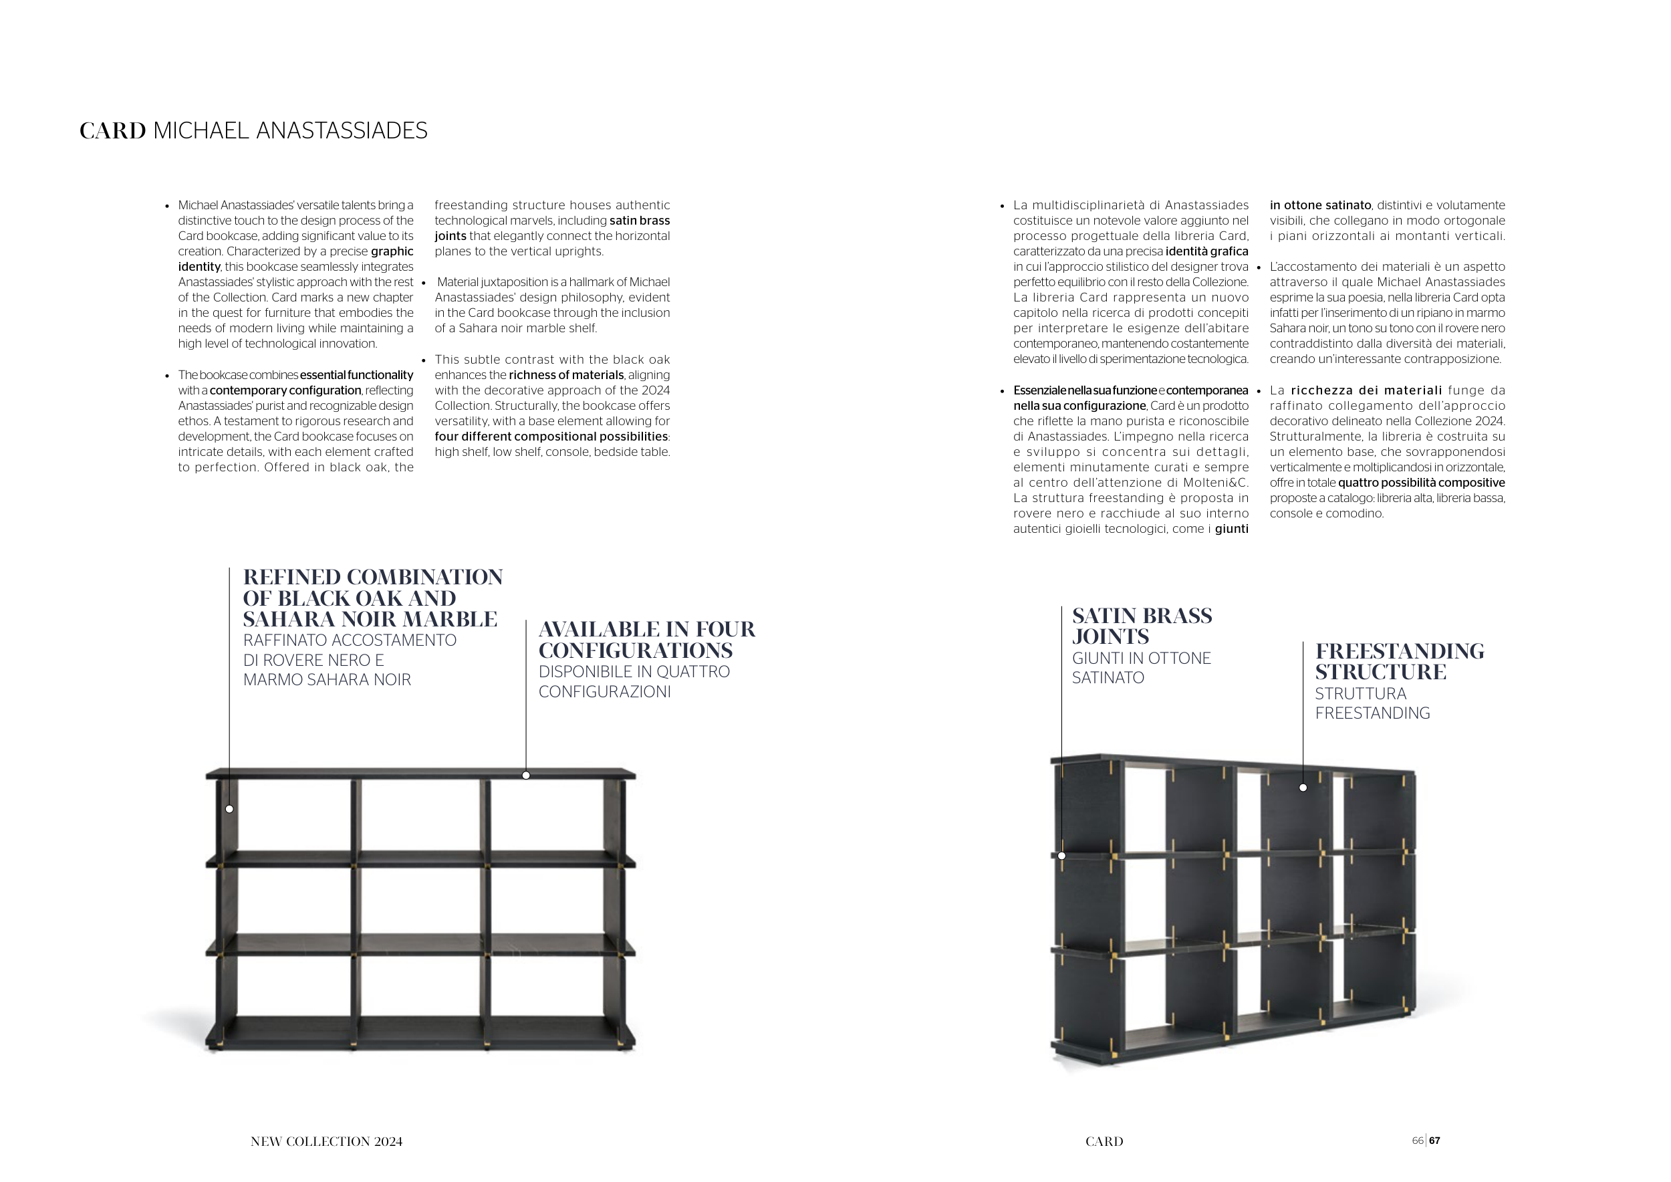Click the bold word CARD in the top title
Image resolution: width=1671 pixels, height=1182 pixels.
click(x=113, y=131)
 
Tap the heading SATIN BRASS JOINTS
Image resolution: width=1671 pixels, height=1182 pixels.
click(x=1141, y=626)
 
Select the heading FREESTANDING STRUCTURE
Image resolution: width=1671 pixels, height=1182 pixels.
click(x=1399, y=661)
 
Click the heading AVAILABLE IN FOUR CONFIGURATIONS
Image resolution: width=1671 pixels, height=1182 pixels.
click(x=646, y=639)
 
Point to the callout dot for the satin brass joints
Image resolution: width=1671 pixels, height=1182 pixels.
click(x=1062, y=856)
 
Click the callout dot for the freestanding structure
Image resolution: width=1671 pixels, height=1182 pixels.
click(x=1303, y=788)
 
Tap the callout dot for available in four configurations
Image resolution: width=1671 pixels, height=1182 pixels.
click(x=526, y=775)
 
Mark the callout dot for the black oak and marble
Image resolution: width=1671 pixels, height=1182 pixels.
click(x=229, y=809)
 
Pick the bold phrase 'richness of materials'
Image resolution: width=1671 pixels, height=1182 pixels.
click(x=565, y=375)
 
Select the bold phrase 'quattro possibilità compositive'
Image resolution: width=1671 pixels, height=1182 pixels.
click(x=1420, y=483)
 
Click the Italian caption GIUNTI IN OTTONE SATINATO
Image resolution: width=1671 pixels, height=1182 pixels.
click(x=1140, y=667)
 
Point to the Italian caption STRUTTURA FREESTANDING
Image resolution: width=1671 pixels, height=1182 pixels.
click(x=1372, y=703)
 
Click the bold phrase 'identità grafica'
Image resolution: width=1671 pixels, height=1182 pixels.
click(x=1206, y=252)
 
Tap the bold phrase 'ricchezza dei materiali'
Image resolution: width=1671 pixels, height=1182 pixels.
click(x=1366, y=390)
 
